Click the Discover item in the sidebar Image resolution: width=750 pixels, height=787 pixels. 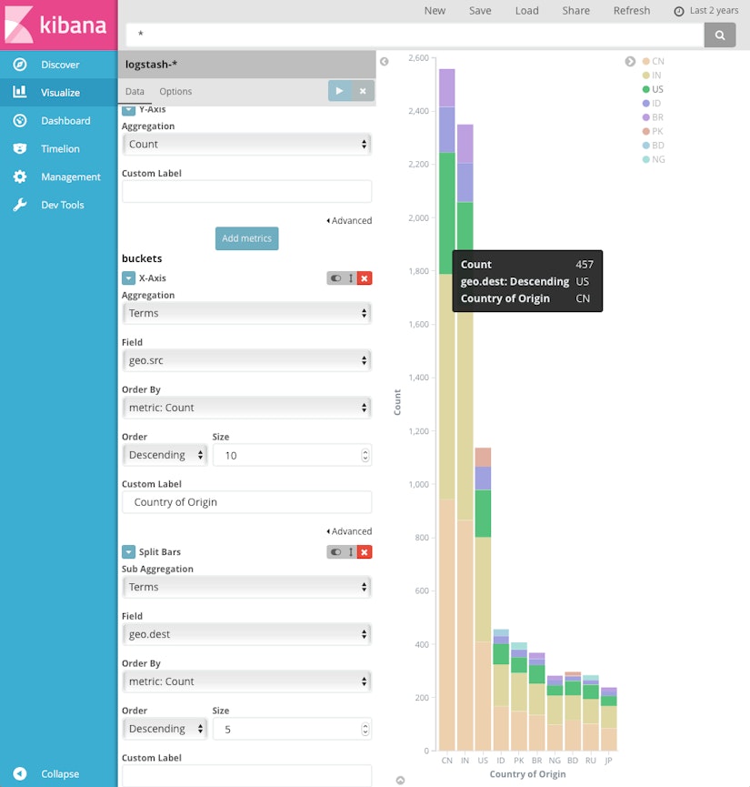pyautogui.click(x=59, y=65)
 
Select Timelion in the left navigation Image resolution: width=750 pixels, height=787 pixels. pyautogui.click(x=59, y=148)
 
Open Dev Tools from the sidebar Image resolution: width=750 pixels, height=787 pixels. pyautogui.click(x=61, y=205)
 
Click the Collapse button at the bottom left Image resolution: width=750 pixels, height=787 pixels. pyautogui.click(x=59, y=774)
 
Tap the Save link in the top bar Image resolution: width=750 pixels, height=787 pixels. pyautogui.click(x=480, y=11)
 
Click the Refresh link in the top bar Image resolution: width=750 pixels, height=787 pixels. pyautogui.click(x=631, y=11)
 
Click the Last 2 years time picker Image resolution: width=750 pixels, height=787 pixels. pyautogui.click(x=706, y=11)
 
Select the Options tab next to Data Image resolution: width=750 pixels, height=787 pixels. pyautogui.click(x=175, y=92)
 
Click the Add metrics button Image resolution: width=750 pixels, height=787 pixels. pyautogui.click(x=246, y=238)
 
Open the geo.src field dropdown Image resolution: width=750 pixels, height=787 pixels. pyautogui.click(x=246, y=360)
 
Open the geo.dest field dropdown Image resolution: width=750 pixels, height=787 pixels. pyautogui.click(x=246, y=634)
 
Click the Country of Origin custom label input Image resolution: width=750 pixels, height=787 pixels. pyautogui.click(x=246, y=502)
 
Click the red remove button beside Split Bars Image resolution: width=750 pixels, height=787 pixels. pyautogui.click(x=365, y=552)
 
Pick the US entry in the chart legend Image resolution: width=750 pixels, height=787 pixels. pyautogui.click(x=657, y=89)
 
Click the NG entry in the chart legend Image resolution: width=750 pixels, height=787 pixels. pyautogui.click(x=658, y=159)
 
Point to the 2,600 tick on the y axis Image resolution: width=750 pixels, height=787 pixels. pyautogui.click(x=418, y=58)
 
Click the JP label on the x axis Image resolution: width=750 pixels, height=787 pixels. pyautogui.click(x=608, y=760)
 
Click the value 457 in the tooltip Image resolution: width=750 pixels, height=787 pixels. pyautogui.click(x=584, y=265)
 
